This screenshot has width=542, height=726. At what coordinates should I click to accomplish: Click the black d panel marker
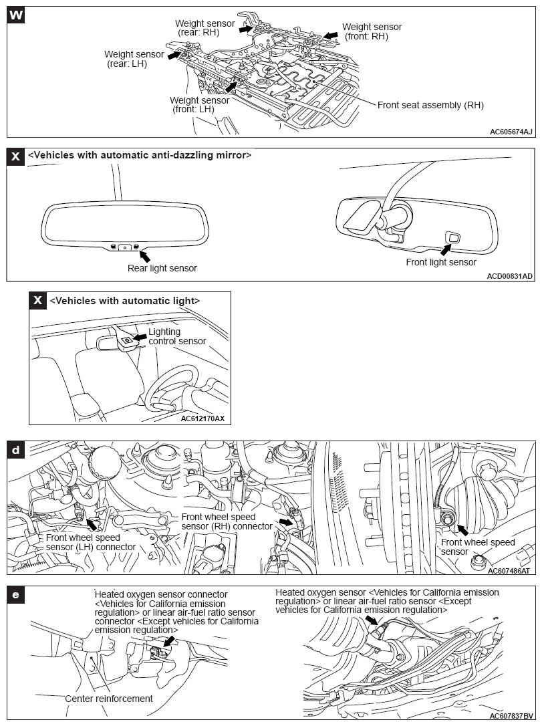pos(16,450)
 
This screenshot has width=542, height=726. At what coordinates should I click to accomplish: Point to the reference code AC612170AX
pos(202,419)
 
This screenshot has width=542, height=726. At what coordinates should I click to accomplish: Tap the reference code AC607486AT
pos(509,571)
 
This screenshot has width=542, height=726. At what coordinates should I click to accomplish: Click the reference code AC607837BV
pos(509,715)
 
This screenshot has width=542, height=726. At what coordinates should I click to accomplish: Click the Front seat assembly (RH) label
pos(430,105)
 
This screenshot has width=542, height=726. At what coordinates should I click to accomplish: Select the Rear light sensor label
pos(162,268)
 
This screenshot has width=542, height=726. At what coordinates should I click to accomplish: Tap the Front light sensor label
pos(441,262)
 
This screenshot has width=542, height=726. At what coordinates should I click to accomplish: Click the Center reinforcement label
pos(109,699)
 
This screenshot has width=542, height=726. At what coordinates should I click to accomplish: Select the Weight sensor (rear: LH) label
pos(134,59)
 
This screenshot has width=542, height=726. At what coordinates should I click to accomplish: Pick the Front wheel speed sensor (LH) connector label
pos(91,542)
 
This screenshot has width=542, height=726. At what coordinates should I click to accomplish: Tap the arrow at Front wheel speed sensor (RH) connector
pos(286,521)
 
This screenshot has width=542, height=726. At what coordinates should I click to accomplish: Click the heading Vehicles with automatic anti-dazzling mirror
pos(140,155)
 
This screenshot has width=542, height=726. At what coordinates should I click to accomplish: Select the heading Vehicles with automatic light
pos(125,301)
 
